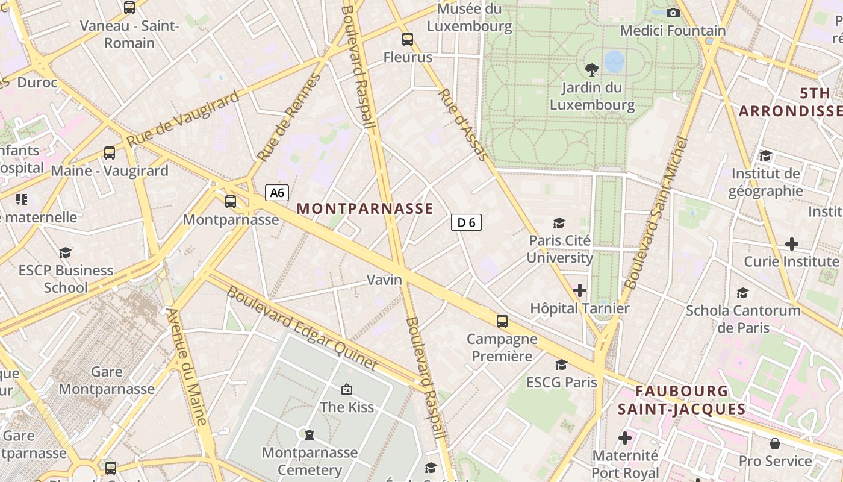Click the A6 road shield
[277, 193]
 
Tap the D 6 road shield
[466, 222]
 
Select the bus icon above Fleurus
[408, 39]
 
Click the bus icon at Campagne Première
[502, 321]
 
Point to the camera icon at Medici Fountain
[673, 13]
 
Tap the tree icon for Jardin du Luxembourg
[592, 70]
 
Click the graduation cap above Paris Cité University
[559, 223]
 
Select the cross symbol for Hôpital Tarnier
[580, 291]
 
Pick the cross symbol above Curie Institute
[792, 244]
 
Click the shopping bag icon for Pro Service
[775, 443]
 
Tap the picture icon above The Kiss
[346, 390]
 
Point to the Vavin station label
[385, 280]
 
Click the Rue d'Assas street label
[463, 125]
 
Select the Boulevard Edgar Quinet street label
[302, 328]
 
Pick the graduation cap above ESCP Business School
[65, 252]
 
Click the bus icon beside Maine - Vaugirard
[109, 153]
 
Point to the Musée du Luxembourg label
[470, 17]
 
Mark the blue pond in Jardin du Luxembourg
[614, 61]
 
